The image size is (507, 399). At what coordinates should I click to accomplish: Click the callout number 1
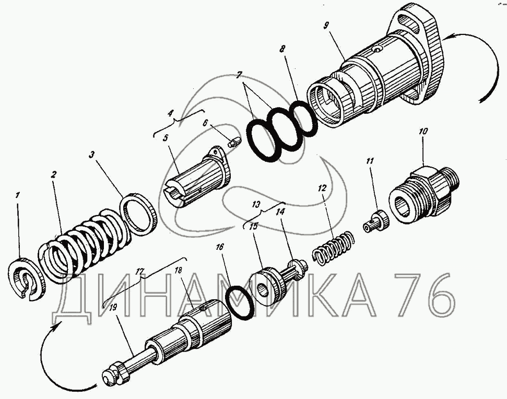click(x=18, y=195)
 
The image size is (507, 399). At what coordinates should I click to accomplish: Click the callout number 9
click(x=326, y=26)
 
